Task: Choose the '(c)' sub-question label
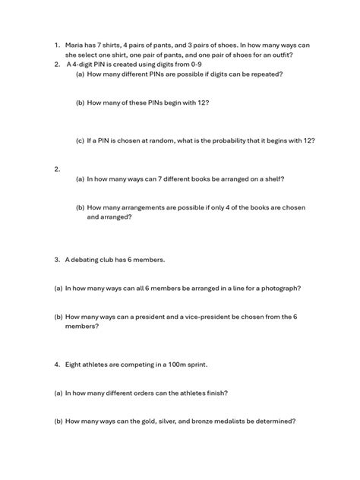[x=80, y=141]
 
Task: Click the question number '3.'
[x=57, y=260]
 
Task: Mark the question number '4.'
[x=57, y=365]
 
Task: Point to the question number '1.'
[x=57, y=46]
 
